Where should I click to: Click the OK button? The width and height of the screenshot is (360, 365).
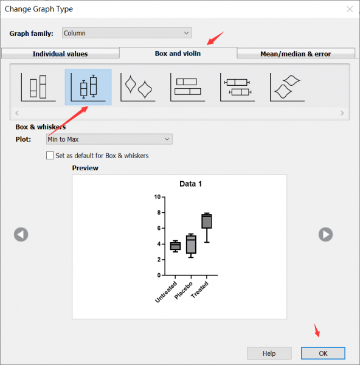coord(323,353)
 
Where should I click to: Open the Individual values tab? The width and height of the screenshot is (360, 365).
coord(60,54)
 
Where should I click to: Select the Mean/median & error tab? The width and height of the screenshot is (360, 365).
coord(296,54)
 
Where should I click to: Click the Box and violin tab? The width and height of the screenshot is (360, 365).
coord(178,53)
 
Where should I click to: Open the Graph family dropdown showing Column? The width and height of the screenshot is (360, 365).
coord(127,33)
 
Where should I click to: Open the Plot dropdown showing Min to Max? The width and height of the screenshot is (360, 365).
coord(109,139)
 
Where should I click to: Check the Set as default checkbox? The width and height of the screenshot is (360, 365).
coord(50,156)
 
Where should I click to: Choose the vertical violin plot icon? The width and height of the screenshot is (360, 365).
coord(138,87)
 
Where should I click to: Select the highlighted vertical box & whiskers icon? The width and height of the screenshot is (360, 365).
coord(88,87)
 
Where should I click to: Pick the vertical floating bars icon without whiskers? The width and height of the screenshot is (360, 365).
coord(38,87)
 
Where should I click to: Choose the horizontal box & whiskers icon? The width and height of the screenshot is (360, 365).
coord(238,87)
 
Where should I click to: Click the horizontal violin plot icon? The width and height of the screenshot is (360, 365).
coord(288,87)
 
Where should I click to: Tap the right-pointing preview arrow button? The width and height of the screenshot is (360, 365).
coord(325,234)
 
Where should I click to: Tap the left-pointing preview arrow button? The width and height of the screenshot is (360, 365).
coord(21,234)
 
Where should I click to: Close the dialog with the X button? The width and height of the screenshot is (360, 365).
coord(350,9)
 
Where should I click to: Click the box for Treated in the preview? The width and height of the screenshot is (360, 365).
coord(207,221)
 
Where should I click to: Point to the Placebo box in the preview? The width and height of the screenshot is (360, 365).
coord(191,245)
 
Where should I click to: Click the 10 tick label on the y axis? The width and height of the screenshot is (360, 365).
coord(157,197)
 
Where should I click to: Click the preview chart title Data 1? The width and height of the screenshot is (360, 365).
coord(190,184)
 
